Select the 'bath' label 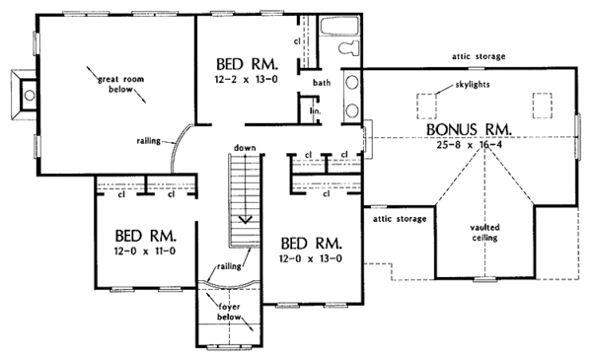click(x=322, y=83)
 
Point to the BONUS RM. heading click(x=467, y=129)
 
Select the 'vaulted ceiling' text click(x=483, y=233)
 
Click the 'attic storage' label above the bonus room click(x=478, y=56)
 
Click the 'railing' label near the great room click(x=150, y=141)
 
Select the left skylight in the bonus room click(x=428, y=103)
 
